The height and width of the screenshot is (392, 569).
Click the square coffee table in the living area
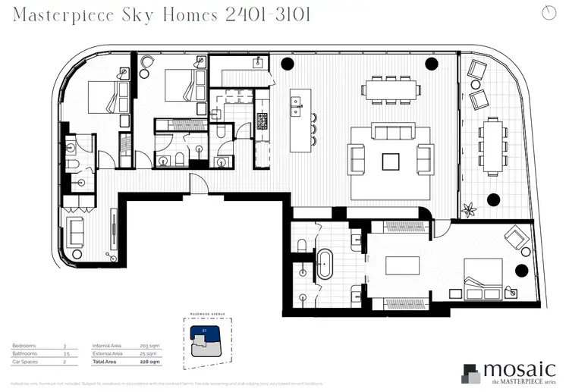[391, 161]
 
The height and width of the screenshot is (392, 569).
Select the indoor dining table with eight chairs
[391, 89]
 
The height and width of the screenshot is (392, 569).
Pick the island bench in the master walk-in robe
[404, 266]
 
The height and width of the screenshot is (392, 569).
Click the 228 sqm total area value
[149, 362]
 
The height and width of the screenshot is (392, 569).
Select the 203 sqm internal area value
[149, 346]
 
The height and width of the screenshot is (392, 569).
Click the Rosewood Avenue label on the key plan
[203, 316]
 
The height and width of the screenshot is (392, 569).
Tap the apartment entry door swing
[197, 183]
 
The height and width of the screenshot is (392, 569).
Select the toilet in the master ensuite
[301, 243]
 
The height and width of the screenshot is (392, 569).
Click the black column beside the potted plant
[494, 200]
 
